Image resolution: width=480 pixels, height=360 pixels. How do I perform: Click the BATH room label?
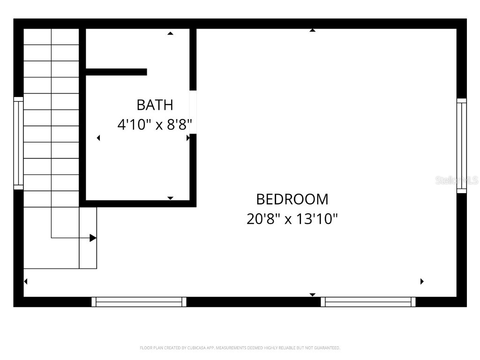coord(155,105)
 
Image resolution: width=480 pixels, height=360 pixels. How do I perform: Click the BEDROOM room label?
coord(292,199)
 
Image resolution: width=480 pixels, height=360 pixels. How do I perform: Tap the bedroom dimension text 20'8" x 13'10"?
coord(292,219)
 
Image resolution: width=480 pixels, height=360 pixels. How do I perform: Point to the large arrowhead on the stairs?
coord(93,238)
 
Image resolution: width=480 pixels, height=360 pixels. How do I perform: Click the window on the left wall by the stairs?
coord(18,143)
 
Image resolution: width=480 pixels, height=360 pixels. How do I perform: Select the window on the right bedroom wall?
coord(462,145)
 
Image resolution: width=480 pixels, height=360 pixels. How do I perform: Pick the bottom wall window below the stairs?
coord(139,302)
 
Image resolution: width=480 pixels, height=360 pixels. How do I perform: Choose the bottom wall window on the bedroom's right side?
coord(368,302)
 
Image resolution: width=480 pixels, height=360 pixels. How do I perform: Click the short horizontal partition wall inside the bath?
coord(116,72)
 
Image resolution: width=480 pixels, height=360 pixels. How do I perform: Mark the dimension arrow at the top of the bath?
coord(171,33)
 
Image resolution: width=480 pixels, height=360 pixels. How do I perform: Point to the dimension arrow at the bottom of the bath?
coord(171,198)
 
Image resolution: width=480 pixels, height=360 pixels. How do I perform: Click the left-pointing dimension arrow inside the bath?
coord(98,138)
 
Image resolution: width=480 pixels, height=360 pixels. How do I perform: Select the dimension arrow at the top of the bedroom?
coord(312,30)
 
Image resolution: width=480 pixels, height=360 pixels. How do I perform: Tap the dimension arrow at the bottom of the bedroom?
coord(312,294)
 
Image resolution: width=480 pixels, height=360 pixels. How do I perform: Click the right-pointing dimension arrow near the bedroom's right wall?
coord(422,281)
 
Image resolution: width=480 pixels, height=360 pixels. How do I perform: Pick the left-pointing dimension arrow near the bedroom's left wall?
coord(26,281)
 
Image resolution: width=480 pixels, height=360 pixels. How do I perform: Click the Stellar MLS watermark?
coord(457,180)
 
